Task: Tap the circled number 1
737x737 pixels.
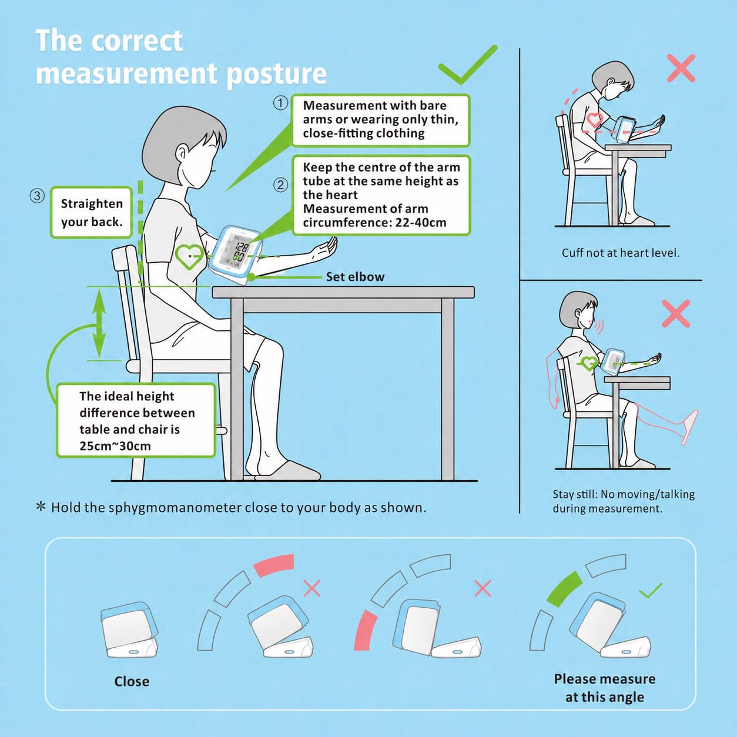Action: click(x=280, y=103)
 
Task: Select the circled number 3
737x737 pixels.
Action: click(x=37, y=196)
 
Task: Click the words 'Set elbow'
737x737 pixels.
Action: click(x=355, y=277)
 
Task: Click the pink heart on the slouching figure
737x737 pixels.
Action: click(x=594, y=119)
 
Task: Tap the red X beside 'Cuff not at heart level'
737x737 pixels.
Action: click(x=681, y=68)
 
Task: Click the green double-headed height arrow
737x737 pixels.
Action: click(x=99, y=324)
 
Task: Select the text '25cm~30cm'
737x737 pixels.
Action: click(x=115, y=446)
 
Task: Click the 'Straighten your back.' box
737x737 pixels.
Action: click(x=92, y=213)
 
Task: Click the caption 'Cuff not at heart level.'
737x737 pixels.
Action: click(x=621, y=253)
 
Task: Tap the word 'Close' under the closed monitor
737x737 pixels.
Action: click(x=132, y=681)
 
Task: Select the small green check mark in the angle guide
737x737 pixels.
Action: click(x=650, y=591)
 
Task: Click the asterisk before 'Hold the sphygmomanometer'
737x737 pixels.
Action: click(x=41, y=507)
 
